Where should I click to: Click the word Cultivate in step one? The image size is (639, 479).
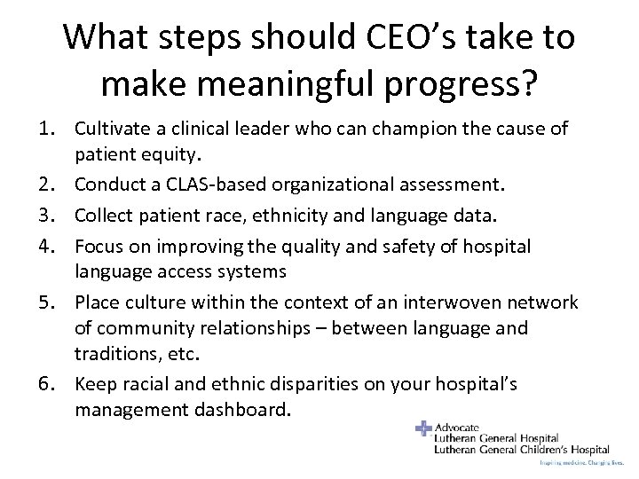coord(114,130)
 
